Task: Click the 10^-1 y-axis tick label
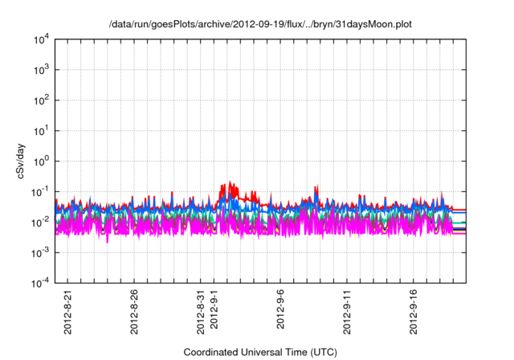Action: (38, 191)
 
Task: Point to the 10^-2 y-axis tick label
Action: (38, 222)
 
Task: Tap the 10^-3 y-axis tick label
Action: (38, 252)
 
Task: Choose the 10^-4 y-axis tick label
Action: (38, 282)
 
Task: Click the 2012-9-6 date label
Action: (283, 308)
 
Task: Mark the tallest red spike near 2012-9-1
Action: (230, 182)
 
